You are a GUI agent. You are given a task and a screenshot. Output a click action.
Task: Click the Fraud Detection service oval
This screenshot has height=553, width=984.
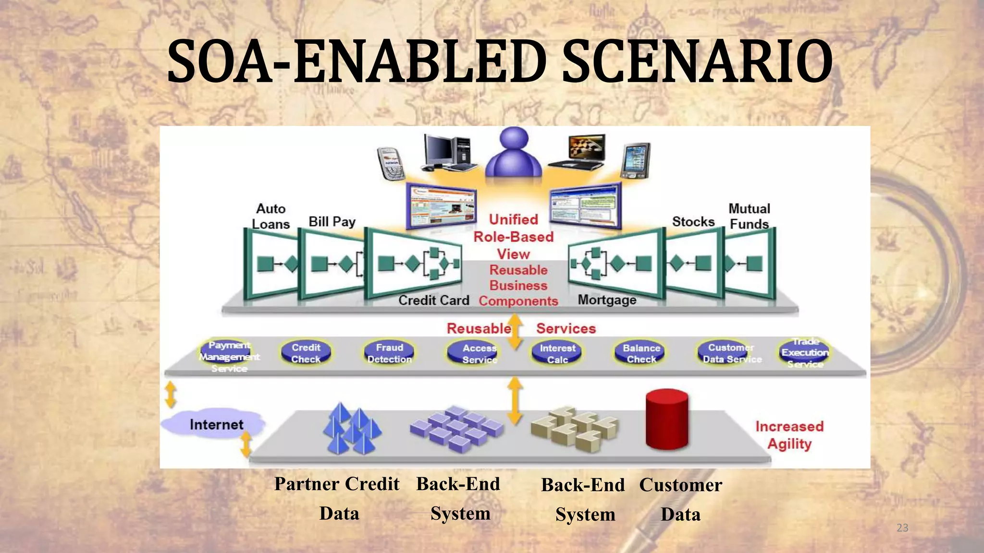(x=389, y=353)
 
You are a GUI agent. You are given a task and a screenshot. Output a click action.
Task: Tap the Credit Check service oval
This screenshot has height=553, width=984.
(x=306, y=353)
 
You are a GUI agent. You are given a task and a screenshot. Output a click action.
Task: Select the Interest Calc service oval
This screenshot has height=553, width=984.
(x=557, y=353)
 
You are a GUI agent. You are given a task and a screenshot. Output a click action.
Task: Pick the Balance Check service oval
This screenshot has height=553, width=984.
(x=641, y=353)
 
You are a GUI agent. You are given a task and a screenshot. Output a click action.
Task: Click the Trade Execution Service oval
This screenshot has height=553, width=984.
(x=804, y=353)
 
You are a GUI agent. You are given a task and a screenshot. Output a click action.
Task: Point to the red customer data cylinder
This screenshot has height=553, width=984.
(x=667, y=419)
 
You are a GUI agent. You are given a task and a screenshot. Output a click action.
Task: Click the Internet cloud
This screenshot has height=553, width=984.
(x=214, y=424)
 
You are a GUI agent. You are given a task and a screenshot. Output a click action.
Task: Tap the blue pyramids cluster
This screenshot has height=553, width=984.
(x=352, y=430)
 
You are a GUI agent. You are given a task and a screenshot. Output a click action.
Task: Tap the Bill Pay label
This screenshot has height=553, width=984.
(x=332, y=221)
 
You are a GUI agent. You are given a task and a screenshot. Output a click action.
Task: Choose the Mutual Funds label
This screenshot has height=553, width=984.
(x=749, y=216)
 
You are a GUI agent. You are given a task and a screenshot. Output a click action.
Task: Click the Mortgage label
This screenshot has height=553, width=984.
(x=607, y=300)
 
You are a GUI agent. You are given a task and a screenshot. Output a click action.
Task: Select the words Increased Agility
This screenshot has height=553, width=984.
(x=789, y=435)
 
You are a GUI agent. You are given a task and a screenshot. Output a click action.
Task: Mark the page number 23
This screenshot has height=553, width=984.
(x=902, y=528)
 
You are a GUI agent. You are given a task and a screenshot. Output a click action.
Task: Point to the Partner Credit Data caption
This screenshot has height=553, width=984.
(x=337, y=498)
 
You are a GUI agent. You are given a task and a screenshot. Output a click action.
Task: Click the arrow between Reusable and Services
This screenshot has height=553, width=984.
(x=515, y=331)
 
